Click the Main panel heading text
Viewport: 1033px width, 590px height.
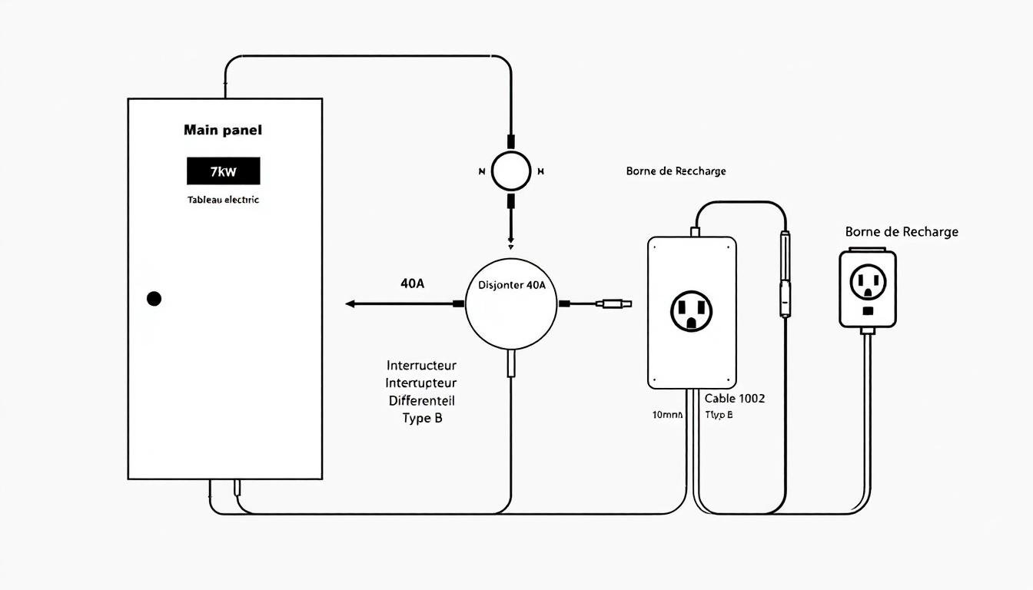pyautogui.click(x=223, y=131)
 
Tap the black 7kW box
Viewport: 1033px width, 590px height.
pyautogui.click(x=223, y=171)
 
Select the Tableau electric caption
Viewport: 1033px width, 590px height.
pyautogui.click(x=223, y=200)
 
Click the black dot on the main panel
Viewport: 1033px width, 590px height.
pyautogui.click(x=154, y=299)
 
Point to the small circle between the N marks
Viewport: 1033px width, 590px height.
pyautogui.click(x=511, y=171)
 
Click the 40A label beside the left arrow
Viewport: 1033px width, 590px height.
pyautogui.click(x=412, y=283)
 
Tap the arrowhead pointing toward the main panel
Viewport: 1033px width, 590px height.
pyautogui.click(x=350, y=304)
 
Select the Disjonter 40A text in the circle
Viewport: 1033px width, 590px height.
pyautogui.click(x=507, y=285)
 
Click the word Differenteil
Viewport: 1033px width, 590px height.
pyautogui.click(x=421, y=400)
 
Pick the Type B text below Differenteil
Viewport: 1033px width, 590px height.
pyautogui.click(x=422, y=418)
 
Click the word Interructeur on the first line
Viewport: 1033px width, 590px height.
pyautogui.click(x=421, y=365)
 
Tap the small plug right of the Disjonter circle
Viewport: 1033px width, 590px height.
pyautogui.click(x=618, y=304)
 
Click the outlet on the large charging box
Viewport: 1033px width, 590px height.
pyautogui.click(x=692, y=311)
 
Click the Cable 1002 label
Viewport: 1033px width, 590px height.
pyautogui.click(x=735, y=398)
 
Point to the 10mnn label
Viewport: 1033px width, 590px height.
pyautogui.click(x=667, y=415)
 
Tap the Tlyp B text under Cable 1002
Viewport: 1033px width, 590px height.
pyautogui.click(x=719, y=415)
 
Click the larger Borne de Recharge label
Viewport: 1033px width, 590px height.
pyautogui.click(x=902, y=231)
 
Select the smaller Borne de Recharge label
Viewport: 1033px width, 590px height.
pyautogui.click(x=676, y=171)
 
